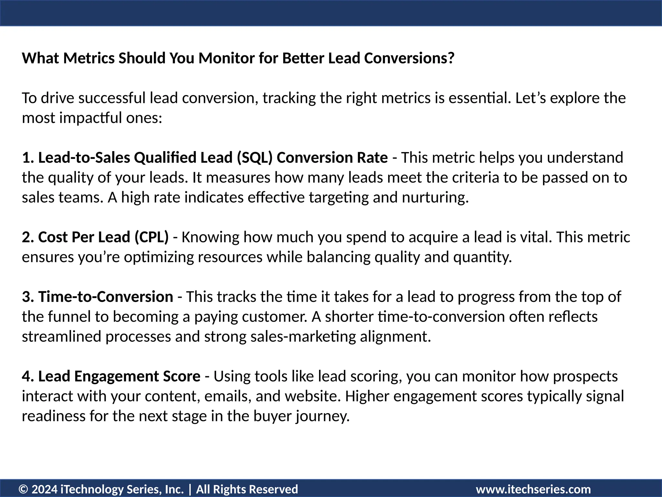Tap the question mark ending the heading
click(451, 58)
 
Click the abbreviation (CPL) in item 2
click(151, 237)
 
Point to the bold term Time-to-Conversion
click(106, 297)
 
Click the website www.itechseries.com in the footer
click(533, 489)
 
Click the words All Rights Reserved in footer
click(247, 489)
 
